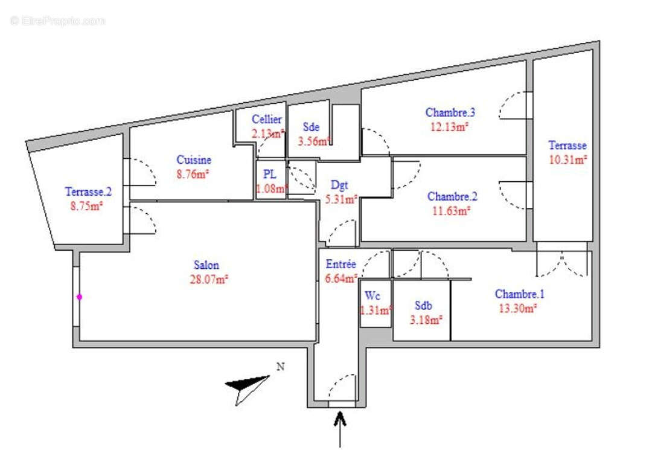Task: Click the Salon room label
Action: pos(206,265)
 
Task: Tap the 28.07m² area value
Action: pos(208,279)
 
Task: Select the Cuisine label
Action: pos(194,160)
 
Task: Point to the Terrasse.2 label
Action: pos(88,192)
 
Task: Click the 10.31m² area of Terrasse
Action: pos(567,159)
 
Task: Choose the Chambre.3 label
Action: pos(450,112)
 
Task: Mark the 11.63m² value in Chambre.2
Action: pos(449,211)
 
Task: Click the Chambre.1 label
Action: pos(520,294)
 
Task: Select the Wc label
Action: pos(372,296)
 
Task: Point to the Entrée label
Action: pos(341,265)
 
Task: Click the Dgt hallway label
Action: pos(339,185)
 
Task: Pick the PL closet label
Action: pos(269,174)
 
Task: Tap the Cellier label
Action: pos(267,120)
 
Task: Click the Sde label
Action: pos(311,127)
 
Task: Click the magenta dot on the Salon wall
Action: pos(79,297)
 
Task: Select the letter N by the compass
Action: pos(280,366)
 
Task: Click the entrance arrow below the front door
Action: pos(340,427)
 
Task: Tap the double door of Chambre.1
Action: pos(561,262)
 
